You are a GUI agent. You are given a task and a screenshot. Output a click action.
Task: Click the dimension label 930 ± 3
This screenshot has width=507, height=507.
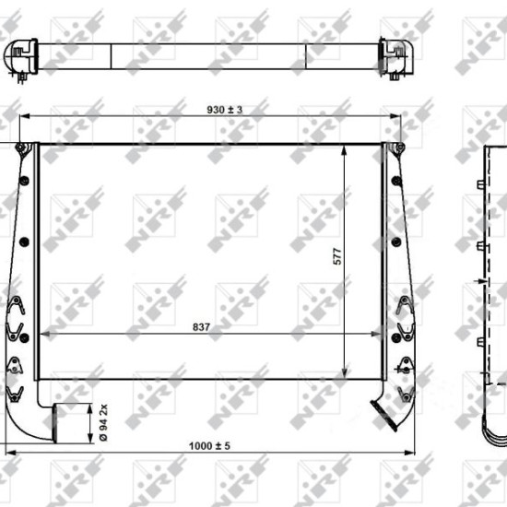224,110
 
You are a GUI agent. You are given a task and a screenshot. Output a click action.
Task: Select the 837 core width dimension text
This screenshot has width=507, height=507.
201,327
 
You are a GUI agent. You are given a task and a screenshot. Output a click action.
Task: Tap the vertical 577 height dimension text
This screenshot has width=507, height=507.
336,256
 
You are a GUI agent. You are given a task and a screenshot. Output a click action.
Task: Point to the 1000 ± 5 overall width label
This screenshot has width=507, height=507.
209,446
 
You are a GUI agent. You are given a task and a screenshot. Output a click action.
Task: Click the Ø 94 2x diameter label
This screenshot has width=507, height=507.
103,422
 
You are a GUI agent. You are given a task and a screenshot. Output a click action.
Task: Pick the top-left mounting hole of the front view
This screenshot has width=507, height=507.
20,147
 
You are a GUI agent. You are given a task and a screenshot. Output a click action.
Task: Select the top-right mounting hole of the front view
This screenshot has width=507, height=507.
400,147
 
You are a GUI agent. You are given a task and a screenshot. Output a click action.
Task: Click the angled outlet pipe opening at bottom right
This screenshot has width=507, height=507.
383,416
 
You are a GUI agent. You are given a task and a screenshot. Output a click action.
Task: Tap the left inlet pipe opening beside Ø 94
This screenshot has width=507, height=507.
54,423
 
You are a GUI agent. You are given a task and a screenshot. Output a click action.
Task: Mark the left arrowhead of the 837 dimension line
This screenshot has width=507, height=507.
44,334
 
